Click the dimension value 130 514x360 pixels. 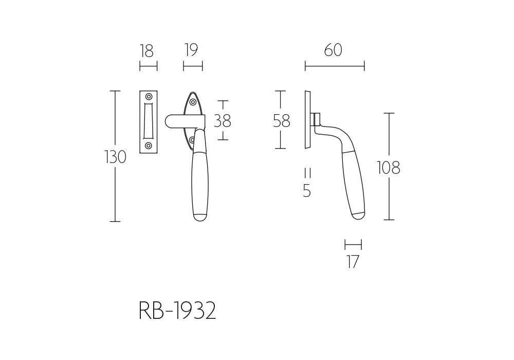pyautogui.click(x=115, y=157)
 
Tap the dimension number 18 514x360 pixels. pyautogui.click(x=147, y=51)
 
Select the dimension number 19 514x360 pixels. pyautogui.click(x=191, y=50)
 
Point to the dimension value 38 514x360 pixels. pyautogui.click(x=223, y=121)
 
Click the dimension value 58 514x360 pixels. pyautogui.click(x=282, y=121)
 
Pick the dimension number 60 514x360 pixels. pyautogui.click(x=333, y=50)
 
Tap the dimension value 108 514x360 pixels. pyautogui.click(x=389, y=168)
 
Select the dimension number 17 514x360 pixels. pyautogui.click(x=353, y=262)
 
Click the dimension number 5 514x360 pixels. pyautogui.click(x=307, y=190)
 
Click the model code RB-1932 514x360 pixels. pyautogui.click(x=177, y=311)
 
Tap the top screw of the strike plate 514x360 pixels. pyautogui.click(x=149, y=97)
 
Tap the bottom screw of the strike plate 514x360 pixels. pyautogui.click(x=149, y=146)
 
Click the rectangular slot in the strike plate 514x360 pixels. pyautogui.click(x=149, y=121)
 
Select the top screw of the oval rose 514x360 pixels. pyautogui.click(x=193, y=102)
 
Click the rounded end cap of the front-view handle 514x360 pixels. pyautogui.click(x=200, y=218)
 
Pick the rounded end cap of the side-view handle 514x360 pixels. pyautogui.click(x=359, y=215)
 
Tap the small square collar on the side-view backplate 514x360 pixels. pyautogui.click(x=317, y=119)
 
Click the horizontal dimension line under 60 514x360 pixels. pyautogui.click(x=335, y=66)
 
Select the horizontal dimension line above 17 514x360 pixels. pyautogui.click(x=354, y=245)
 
